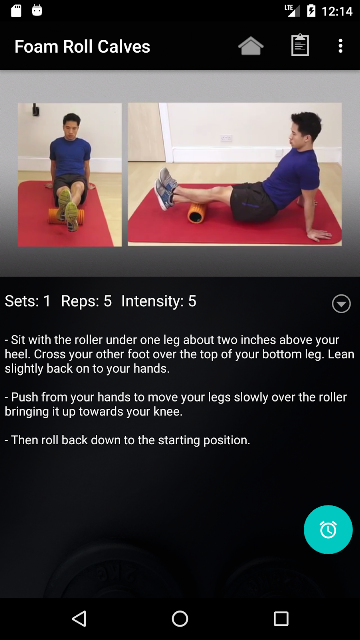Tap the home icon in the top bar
[251, 46]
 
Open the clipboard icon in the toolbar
[300, 45]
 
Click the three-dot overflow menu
[340, 46]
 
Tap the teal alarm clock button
[328, 529]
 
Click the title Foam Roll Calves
[82, 47]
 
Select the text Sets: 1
[28, 301]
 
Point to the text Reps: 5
[86, 301]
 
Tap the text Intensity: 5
[159, 301]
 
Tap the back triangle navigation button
[79, 618]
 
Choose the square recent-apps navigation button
[281, 618]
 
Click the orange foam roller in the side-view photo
[197, 213]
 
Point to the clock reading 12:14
[337, 11]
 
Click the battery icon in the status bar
[311, 11]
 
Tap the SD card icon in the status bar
[16, 11]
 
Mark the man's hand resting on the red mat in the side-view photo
[319, 234]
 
